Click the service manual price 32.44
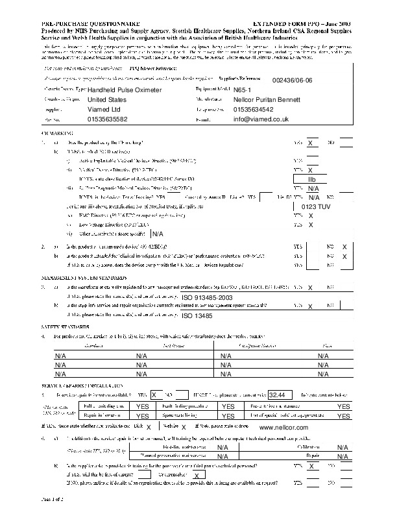tap(280, 395)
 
